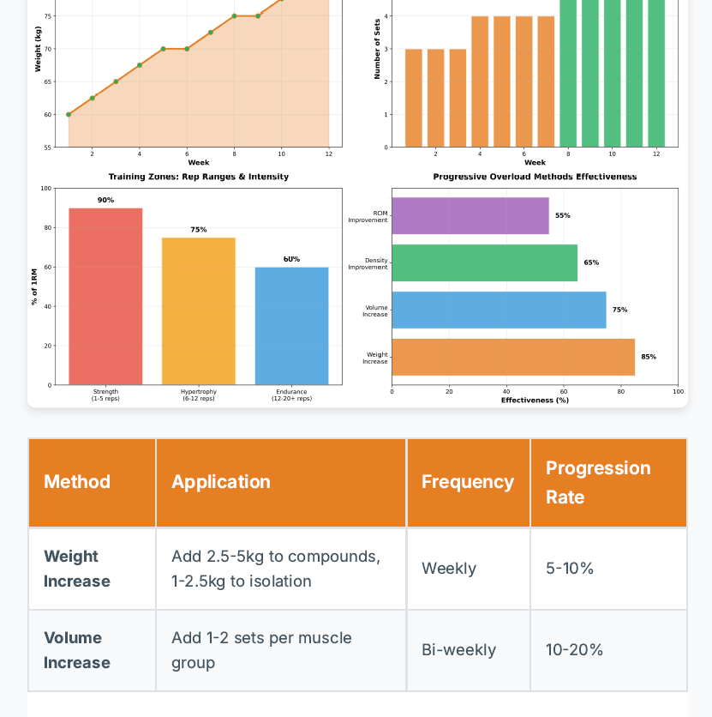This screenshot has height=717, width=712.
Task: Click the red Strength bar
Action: [105, 296]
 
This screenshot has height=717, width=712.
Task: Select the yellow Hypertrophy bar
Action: [199, 310]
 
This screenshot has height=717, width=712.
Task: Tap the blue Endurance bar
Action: [291, 326]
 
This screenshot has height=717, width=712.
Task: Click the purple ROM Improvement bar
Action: [470, 216]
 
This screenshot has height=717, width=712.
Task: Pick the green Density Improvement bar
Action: [484, 262]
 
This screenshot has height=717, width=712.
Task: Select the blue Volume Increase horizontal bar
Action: [499, 310]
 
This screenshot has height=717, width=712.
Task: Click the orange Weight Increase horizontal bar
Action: [513, 357]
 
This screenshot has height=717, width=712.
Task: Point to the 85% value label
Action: [649, 357]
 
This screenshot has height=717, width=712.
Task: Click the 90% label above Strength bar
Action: [105, 200]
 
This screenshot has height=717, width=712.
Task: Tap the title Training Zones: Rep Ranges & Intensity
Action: [199, 177]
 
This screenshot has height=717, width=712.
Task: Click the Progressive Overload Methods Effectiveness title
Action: [535, 177]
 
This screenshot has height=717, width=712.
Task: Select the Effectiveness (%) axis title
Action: [535, 400]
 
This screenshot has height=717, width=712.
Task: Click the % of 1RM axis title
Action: [35, 286]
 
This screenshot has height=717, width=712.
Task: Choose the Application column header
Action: [221, 482]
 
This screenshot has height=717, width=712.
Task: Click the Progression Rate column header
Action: [598, 482]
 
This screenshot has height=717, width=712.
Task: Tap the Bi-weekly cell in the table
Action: [458, 650]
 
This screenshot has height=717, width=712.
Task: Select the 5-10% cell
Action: [570, 569]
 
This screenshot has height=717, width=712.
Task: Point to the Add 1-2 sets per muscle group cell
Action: [261, 650]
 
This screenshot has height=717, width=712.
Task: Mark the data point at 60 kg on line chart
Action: [69, 114]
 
